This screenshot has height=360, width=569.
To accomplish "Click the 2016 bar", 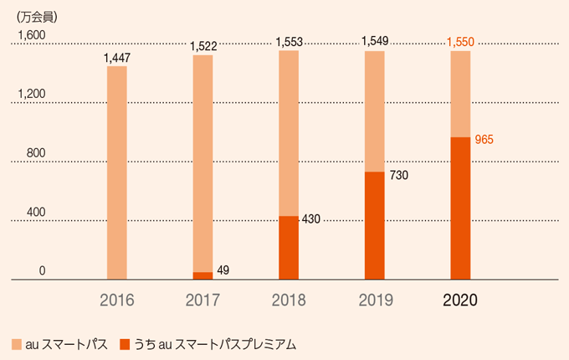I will (x=117, y=172).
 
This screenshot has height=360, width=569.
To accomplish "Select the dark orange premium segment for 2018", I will (x=289, y=248).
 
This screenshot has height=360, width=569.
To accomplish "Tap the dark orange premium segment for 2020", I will (x=460, y=208).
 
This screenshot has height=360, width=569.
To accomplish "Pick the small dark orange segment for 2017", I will (x=202, y=275).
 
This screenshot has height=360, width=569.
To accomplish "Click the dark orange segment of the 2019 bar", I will (x=374, y=226).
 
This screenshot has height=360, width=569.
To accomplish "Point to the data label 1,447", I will (x=117, y=58).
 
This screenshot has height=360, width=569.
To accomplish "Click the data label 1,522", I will (x=203, y=47).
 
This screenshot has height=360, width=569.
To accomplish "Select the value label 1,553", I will (x=289, y=41).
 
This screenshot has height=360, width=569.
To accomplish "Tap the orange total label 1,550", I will (x=461, y=41).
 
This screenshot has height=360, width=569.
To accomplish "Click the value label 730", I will (x=399, y=176).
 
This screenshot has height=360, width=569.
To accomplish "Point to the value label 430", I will (x=311, y=219).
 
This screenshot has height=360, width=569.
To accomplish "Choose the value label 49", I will (x=223, y=270).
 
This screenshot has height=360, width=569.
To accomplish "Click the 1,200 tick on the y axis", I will (x=32, y=94).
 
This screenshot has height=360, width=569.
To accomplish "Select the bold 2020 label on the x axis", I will (x=460, y=300).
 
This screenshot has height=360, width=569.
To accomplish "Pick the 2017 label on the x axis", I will (x=202, y=300).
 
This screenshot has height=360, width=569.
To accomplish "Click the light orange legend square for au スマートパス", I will (x=16, y=344).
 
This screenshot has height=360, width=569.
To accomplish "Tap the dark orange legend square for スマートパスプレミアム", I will (x=125, y=344).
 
